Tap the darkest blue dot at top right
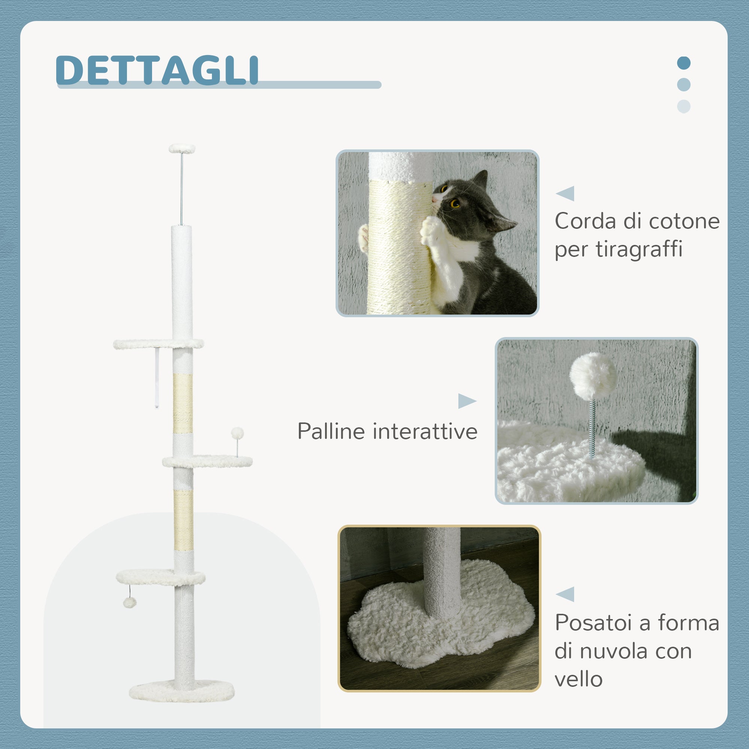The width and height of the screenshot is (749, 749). (x=683, y=63)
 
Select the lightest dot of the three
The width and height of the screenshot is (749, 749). (x=683, y=106)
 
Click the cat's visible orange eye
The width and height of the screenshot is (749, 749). (x=455, y=203)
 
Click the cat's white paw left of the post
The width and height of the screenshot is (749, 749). (x=363, y=237)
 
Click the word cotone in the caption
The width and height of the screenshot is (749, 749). (x=684, y=221)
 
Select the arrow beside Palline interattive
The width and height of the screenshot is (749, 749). (x=466, y=401)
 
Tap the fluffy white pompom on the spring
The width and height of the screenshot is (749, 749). (x=593, y=376)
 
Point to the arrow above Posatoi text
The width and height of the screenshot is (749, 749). (x=565, y=594)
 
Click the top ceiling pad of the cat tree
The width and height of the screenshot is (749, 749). (x=182, y=148)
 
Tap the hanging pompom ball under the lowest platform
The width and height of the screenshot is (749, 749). (x=130, y=603)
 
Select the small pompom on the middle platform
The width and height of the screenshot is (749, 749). (x=237, y=433)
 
